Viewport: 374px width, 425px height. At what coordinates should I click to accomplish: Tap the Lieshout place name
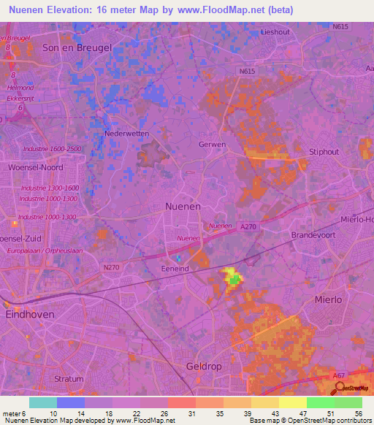point(275,32)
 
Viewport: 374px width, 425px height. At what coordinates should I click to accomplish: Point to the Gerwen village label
point(212,145)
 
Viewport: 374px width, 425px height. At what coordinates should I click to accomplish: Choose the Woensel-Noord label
point(35,167)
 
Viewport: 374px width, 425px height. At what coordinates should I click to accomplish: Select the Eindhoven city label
point(31,315)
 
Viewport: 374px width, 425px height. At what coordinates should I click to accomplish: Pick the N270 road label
point(111,267)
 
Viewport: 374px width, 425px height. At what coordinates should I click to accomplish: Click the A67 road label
point(339,375)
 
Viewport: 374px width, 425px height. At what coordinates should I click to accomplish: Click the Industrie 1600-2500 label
point(52,149)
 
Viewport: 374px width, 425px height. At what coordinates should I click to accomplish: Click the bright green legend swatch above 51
point(321,402)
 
